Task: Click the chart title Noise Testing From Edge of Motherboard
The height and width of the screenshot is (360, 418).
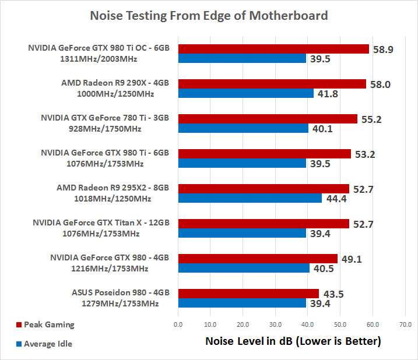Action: click(x=209, y=16)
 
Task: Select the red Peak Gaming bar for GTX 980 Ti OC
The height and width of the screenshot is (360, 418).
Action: click(x=273, y=49)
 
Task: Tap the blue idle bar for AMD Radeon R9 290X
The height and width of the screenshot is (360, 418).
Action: click(x=246, y=93)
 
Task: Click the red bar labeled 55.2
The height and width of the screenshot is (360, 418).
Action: click(x=268, y=119)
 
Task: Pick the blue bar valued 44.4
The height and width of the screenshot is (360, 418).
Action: click(x=250, y=198)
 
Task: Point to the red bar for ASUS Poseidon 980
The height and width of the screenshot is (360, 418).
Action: click(x=248, y=294)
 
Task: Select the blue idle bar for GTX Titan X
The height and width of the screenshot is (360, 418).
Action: click(x=242, y=233)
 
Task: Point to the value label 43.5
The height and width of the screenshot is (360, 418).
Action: click(x=332, y=294)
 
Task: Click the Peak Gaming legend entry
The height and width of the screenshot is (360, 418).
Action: click(x=49, y=324)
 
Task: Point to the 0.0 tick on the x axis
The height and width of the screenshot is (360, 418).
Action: click(x=178, y=324)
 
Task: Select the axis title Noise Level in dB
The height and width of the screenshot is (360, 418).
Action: click(x=293, y=341)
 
